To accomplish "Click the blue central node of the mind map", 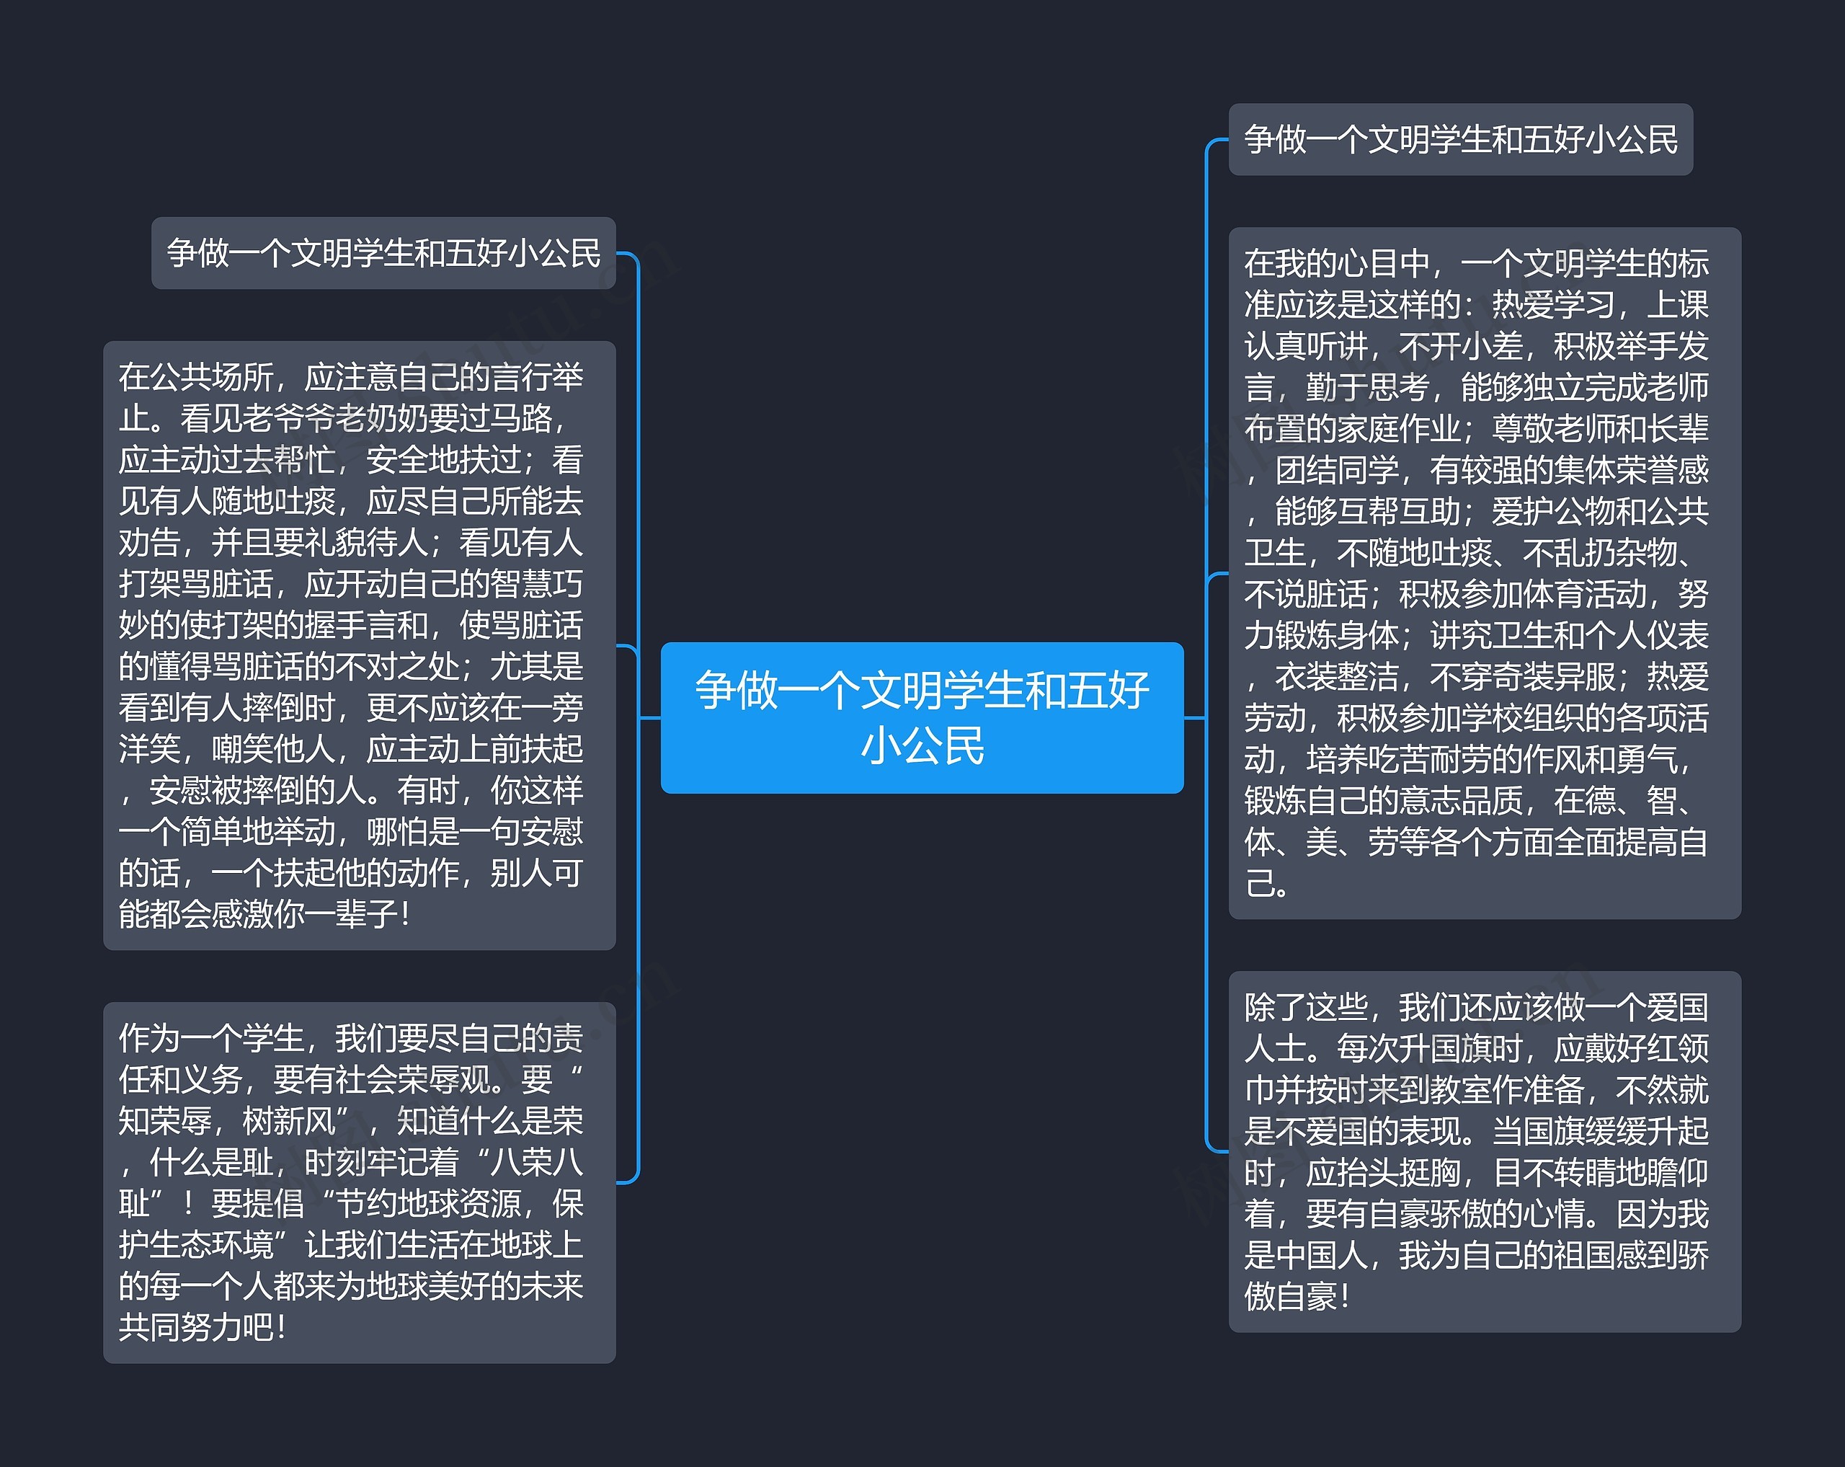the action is pyautogui.click(x=922, y=717).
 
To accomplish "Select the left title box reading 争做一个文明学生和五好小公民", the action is pyautogui.click(x=383, y=253).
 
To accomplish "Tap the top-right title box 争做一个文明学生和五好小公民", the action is pyautogui.click(x=1460, y=140).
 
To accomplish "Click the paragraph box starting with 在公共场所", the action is pyautogui.click(x=360, y=644).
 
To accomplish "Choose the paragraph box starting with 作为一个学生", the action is pyautogui.click(x=360, y=1182).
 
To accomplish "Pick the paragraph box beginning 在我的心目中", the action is pyautogui.click(x=1484, y=572).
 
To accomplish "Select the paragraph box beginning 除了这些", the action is pyautogui.click(x=1484, y=1151).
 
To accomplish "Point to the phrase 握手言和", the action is pyautogui.click(x=365, y=626).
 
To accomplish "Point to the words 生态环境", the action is pyautogui.click(x=211, y=1245).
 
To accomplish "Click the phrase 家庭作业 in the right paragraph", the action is pyautogui.click(x=1399, y=429).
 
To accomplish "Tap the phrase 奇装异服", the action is pyautogui.click(x=1553, y=677).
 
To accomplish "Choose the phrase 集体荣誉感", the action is pyautogui.click(x=1631, y=470).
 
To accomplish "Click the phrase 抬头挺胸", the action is pyautogui.click(x=1398, y=1173).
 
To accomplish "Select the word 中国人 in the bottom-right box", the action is pyautogui.click(x=1322, y=1256).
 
